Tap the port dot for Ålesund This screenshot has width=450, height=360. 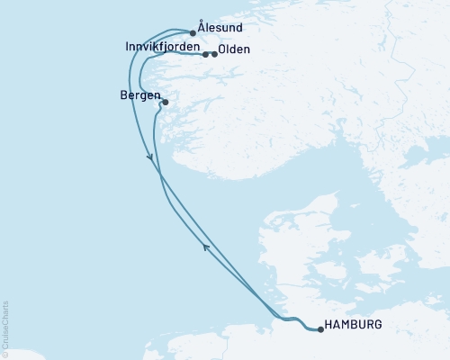tap(193, 33)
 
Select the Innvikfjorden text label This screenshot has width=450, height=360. tap(163, 47)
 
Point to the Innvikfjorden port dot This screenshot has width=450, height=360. tap(206, 54)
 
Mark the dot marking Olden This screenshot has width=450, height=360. tap(214, 54)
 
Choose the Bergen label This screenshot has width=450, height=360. tap(139, 95)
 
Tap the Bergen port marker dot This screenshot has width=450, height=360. tap(166, 103)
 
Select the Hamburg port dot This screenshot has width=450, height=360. tap(321, 329)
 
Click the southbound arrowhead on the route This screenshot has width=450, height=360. tap(150, 158)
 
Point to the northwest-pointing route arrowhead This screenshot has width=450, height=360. tap(206, 247)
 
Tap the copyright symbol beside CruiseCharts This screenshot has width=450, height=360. tap(5, 355)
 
